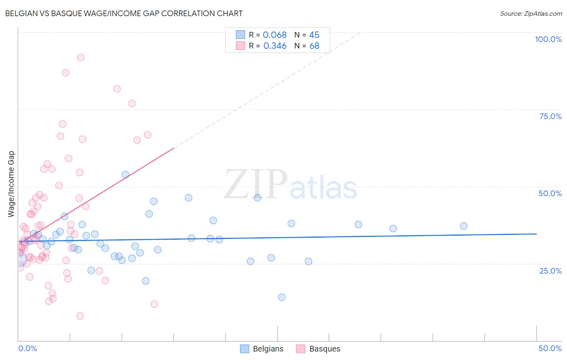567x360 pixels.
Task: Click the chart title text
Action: click(x=124, y=13)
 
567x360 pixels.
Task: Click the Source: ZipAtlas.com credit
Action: click(x=531, y=13)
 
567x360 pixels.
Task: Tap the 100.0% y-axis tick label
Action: click(x=548, y=39)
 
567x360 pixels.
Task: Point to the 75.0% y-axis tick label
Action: click(x=550, y=116)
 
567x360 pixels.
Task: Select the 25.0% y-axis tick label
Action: click(x=550, y=270)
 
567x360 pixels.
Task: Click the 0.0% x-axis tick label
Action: click(x=27, y=348)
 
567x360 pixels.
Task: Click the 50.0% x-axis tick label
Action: click(x=550, y=348)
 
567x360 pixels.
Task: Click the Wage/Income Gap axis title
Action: click(x=11, y=184)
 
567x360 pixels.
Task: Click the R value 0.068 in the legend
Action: click(x=275, y=35)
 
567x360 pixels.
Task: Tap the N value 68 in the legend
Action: click(x=314, y=46)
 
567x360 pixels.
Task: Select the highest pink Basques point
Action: click(x=81, y=58)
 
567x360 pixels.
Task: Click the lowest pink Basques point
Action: click(x=80, y=316)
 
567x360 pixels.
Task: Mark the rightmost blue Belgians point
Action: click(x=464, y=226)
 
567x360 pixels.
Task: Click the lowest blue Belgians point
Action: click(x=282, y=297)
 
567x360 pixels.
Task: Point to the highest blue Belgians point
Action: click(x=125, y=174)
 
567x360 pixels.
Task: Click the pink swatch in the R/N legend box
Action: click(x=240, y=46)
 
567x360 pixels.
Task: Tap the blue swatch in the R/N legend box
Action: click(x=240, y=35)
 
